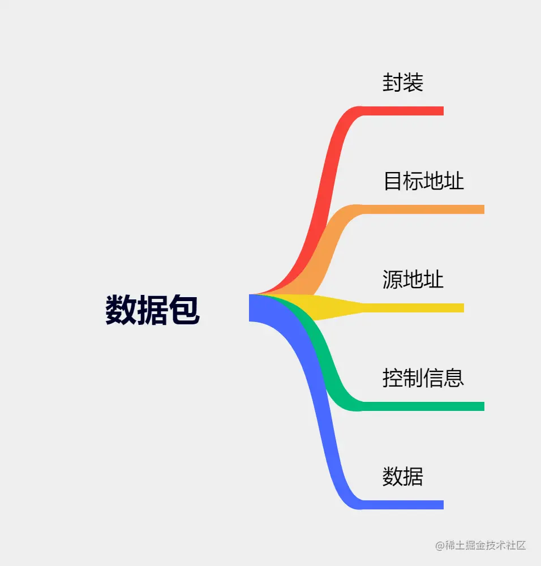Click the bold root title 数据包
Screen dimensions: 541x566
tap(152, 310)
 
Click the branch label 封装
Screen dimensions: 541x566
tap(403, 83)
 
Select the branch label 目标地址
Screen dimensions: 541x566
tap(423, 181)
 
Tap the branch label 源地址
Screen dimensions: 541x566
tap(413, 280)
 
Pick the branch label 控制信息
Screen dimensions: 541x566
tap(423, 378)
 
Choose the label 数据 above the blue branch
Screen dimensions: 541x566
tap(403, 477)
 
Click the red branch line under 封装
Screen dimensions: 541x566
tap(402, 111)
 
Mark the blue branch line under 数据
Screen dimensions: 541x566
tap(402, 505)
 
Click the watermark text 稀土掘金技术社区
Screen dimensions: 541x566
tap(486, 546)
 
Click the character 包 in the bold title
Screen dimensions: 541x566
tap(184, 310)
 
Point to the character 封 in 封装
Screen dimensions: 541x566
tap(393, 83)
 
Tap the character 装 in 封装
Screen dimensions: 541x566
tap(413, 83)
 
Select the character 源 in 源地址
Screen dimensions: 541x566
tap(393, 280)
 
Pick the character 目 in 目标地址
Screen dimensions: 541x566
tap(393, 181)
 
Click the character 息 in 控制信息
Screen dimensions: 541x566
tap(454, 378)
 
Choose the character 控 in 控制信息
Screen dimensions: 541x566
tap(393, 378)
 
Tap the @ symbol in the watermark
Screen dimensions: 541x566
tap(440, 546)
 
